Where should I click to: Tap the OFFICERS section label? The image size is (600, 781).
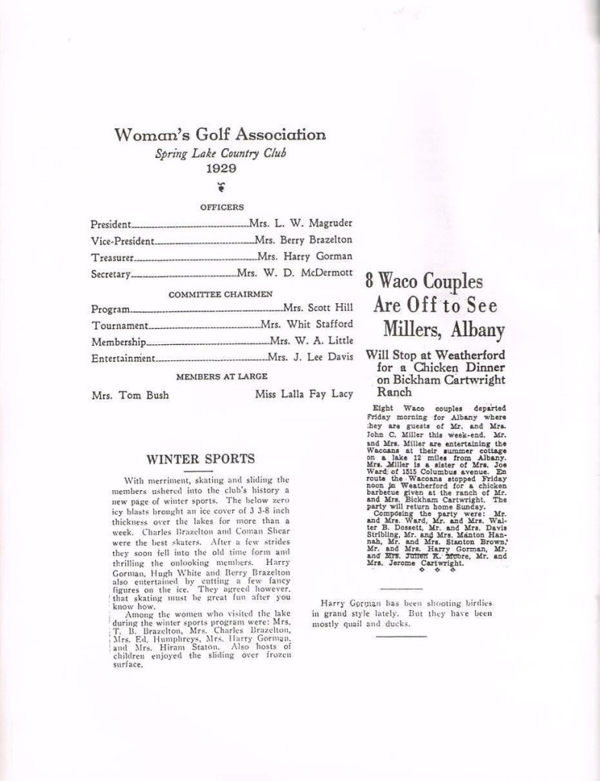(x=221, y=206)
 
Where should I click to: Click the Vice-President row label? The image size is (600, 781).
(x=122, y=241)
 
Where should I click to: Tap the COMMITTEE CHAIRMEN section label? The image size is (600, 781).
(x=221, y=293)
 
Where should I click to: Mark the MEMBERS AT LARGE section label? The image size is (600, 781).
(x=221, y=376)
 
